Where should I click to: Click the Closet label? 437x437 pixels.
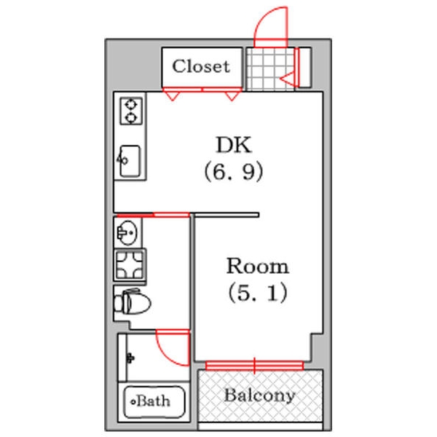pyautogui.click(x=201, y=66)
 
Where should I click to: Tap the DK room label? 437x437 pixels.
pyautogui.click(x=234, y=145)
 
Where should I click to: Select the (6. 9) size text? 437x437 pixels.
pyautogui.click(x=234, y=171)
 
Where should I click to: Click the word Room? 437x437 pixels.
pyautogui.click(x=258, y=266)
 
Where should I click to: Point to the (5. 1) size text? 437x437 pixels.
pyautogui.click(x=258, y=293)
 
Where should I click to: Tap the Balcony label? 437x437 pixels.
pyautogui.click(x=260, y=395)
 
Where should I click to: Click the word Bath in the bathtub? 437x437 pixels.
pyautogui.click(x=153, y=401)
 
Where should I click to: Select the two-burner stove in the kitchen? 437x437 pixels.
pyautogui.click(x=131, y=111)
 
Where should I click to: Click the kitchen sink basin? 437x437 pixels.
pyautogui.click(x=130, y=161)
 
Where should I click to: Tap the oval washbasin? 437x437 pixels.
pyautogui.click(x=127, y=232)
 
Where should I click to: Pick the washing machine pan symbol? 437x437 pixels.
pyautogui.click(x=130, y=265)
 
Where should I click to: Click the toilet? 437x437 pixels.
pyautogui.click(x=133, y=302)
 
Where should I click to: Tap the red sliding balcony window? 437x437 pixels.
pyautogui.click(x=254, y=366)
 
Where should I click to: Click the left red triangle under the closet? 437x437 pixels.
pyautogui.click(x=172, y=95)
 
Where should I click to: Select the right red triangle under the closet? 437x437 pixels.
pyautogui.click(x=232, y=95)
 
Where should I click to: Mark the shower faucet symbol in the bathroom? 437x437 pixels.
pyautogui.click(x=130, y=358)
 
